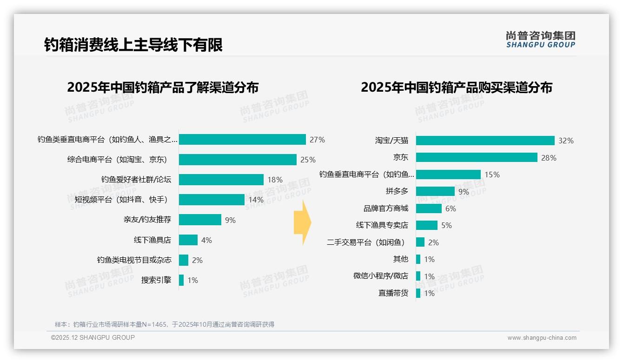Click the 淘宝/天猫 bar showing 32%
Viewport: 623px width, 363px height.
point(485,141)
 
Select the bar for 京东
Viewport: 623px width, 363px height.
point(477,158)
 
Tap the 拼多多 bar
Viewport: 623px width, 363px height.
point(435,191)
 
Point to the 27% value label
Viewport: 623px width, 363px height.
point(317,140)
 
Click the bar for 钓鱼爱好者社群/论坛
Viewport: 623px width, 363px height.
point(221,180)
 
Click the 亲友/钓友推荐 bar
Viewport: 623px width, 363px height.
point(200,220)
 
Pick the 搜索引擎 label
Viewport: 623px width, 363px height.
point(156,280)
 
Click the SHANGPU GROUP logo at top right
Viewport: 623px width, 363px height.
point(540,40)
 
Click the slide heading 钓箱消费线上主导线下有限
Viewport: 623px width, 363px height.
point(133,45)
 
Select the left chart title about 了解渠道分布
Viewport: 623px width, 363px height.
point(163,87)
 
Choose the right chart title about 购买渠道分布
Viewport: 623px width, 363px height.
point(456,87)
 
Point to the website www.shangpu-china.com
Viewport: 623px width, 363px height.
point(542,338)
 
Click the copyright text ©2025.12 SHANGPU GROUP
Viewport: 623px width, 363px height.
point(93,337)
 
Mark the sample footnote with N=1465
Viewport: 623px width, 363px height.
point(165,324)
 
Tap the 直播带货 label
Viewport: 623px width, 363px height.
point(393,293)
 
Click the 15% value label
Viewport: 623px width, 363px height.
point(492,175)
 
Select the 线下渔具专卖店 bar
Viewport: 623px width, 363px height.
point(426,225)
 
